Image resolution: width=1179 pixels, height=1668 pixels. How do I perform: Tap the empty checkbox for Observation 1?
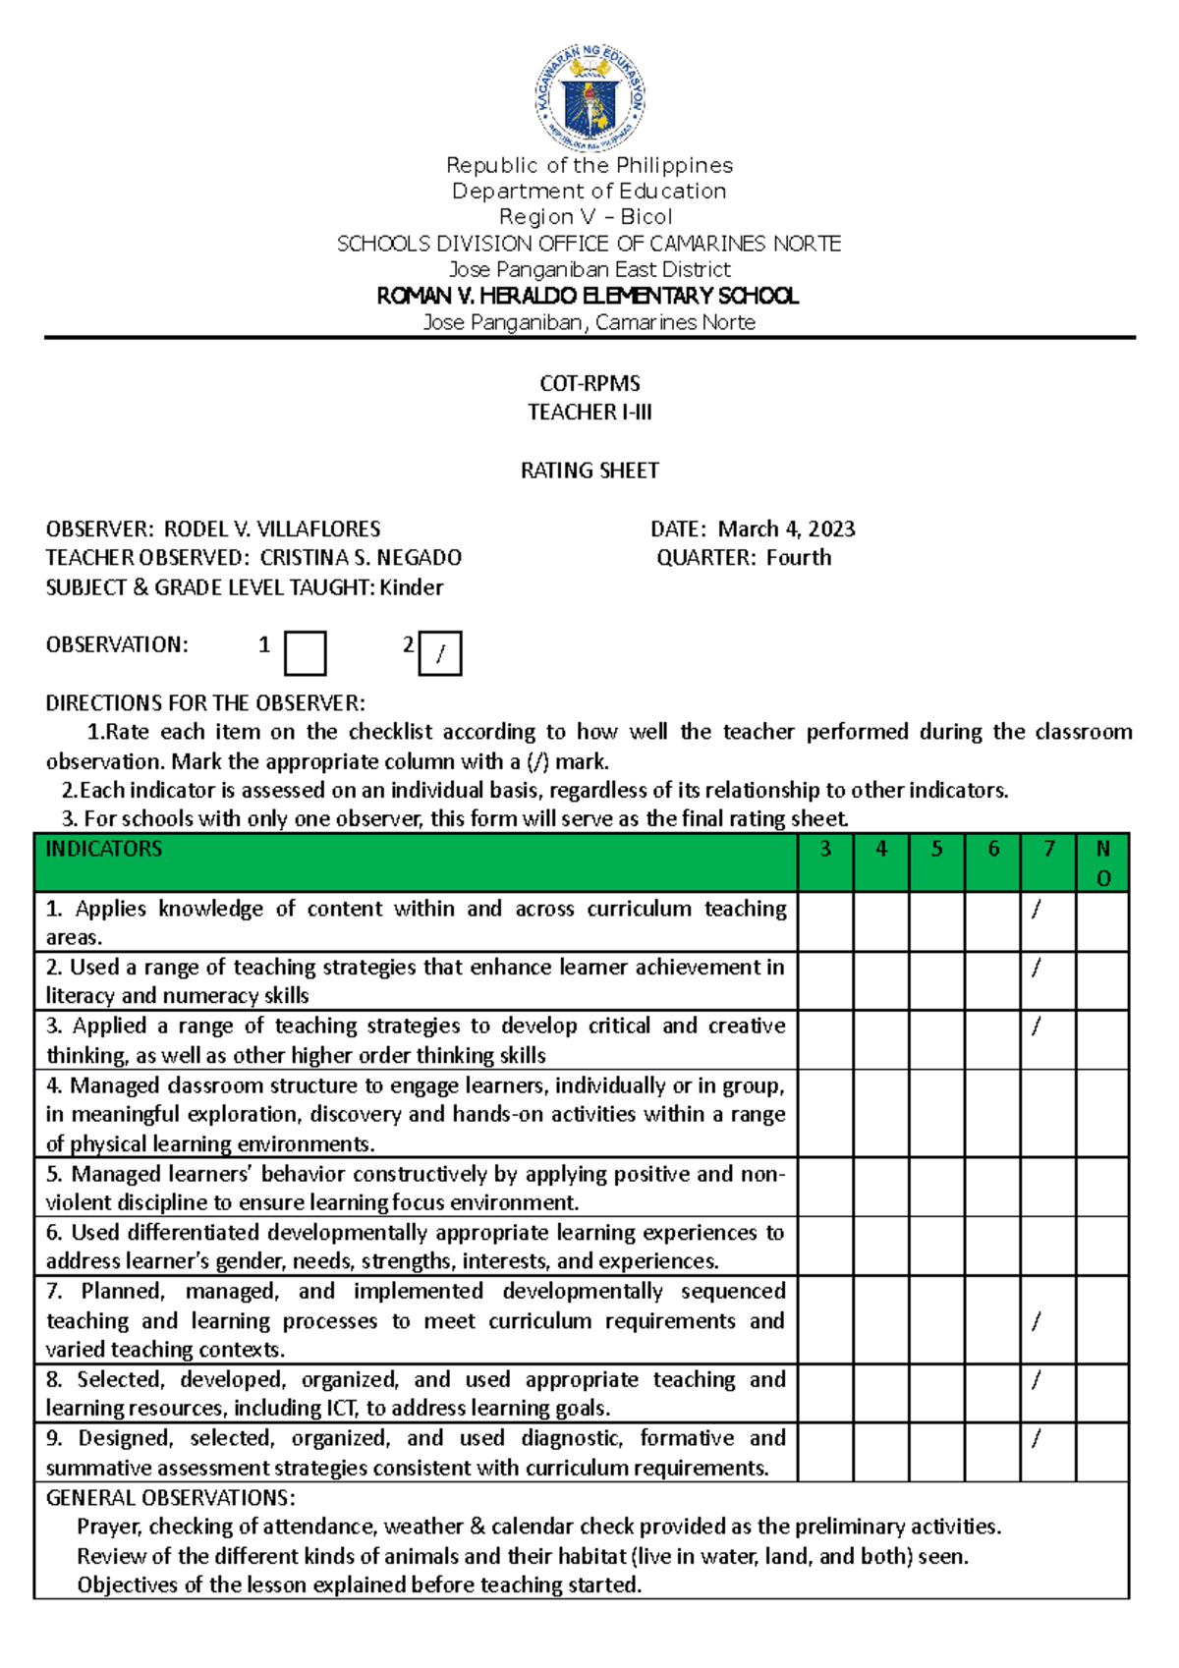(x=305, y=653)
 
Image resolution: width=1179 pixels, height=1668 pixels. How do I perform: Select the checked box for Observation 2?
(x=440, y=653)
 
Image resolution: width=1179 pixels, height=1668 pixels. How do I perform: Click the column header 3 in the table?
(x=825, y=849)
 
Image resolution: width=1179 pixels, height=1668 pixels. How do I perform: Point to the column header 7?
(x=1048, y=849)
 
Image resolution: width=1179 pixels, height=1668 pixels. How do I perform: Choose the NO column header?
(x=1102, y=862)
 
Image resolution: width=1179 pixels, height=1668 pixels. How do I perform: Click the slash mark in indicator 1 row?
(x=1036, y=910)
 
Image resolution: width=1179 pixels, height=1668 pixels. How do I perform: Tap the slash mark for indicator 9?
(x=1036, y=1439)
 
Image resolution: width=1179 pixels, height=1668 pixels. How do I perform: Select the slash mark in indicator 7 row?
(x=1036, y=1321)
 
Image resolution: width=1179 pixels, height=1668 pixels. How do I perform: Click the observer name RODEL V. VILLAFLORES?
(x=271, y=529)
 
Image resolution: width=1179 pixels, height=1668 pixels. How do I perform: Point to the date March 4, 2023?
(x=786, y=529)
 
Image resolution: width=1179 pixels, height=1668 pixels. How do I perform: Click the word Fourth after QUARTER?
(x=798, y=558)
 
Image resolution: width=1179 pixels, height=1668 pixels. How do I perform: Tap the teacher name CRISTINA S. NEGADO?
(x=361, y=558)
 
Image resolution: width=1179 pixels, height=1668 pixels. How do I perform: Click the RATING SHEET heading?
(x=589, y=471)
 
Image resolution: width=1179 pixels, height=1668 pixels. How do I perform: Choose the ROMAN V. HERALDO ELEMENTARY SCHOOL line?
(x=588, y=296)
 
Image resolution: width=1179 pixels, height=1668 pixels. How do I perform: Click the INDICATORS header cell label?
(x=104, y=849)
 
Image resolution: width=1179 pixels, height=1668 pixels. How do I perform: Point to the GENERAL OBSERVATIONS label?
(x=170, y=1498)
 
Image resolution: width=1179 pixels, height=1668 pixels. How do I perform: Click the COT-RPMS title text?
(x=589, y=383)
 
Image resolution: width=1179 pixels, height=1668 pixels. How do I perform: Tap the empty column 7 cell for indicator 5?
(x=1048, y=1188)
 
